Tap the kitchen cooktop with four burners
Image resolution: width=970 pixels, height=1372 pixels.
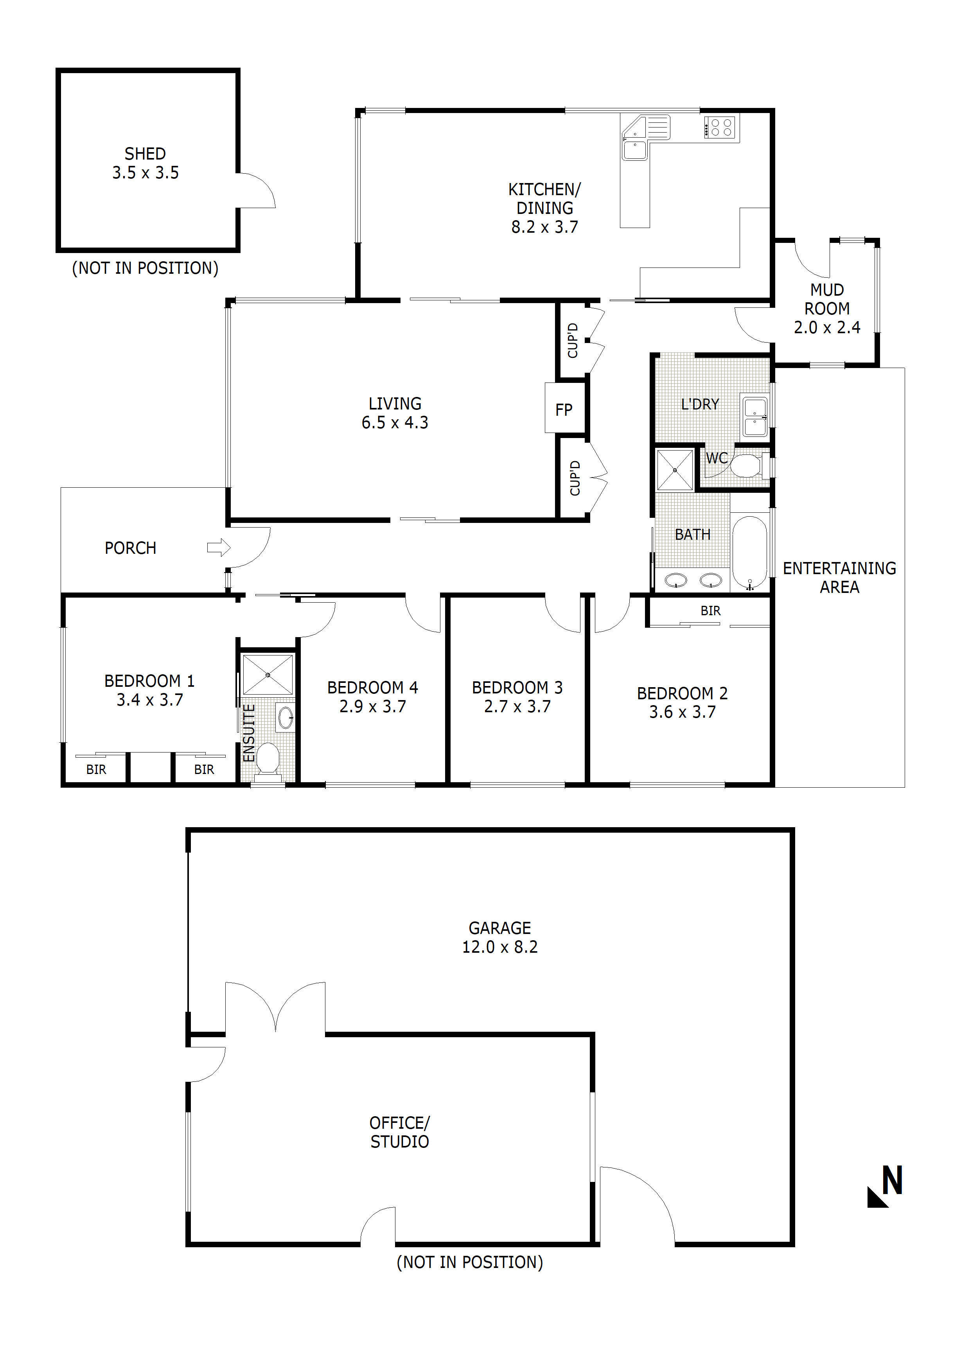click(x=721, y=127)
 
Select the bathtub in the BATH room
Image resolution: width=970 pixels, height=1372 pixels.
click(x=749, y=553)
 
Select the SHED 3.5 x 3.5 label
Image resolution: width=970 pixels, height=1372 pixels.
click(x=145, y=163)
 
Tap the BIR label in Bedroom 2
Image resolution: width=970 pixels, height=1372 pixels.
click(x=710, y=611)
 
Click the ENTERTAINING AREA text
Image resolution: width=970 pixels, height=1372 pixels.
click(x=839, y=577)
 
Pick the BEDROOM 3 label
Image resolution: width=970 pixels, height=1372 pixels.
click(x=517, y=697)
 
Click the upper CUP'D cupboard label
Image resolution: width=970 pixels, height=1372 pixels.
click(x=573, y=341)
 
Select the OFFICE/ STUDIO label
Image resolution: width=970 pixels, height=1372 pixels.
click(x=399, y=1132)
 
